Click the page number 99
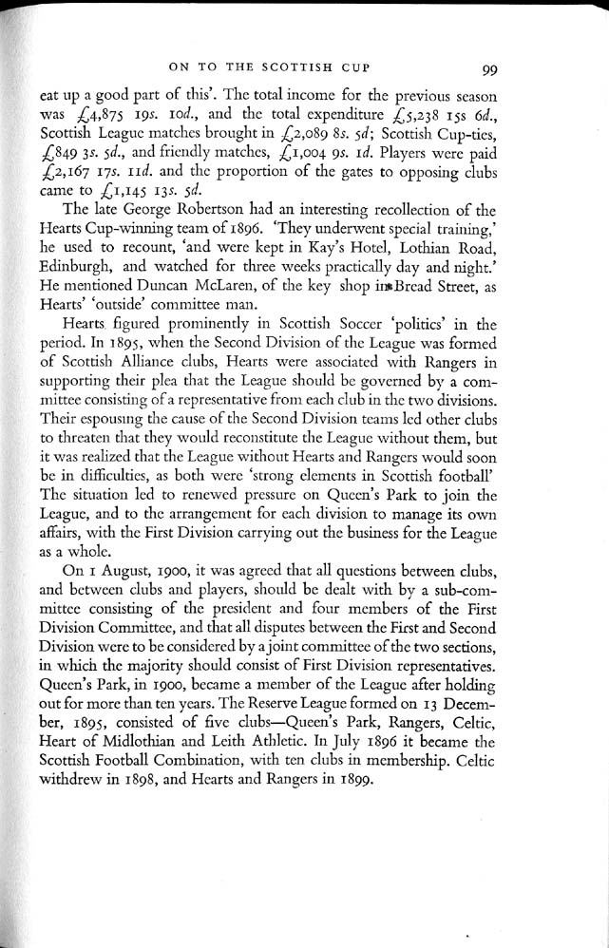(x=491, y=68)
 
